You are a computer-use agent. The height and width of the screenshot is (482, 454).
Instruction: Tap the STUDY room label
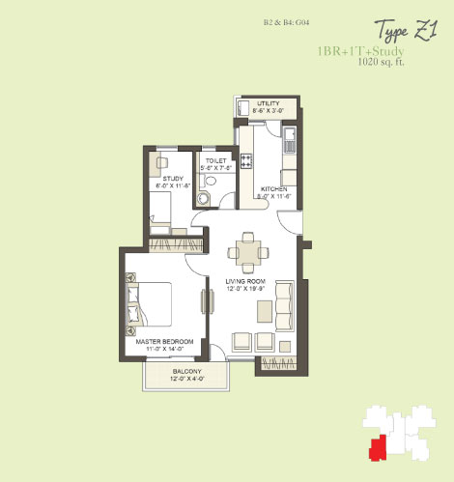click(171, 178)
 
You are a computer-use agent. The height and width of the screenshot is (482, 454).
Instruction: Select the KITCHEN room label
click(276, 188)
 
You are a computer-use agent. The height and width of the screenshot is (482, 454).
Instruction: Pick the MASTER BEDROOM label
click(162, 342)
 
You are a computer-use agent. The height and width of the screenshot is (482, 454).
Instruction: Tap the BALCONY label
click(187, 372)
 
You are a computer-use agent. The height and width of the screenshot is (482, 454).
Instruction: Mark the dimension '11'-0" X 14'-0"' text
click(162, 350)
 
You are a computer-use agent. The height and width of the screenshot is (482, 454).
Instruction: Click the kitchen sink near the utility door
click(288, 147)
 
